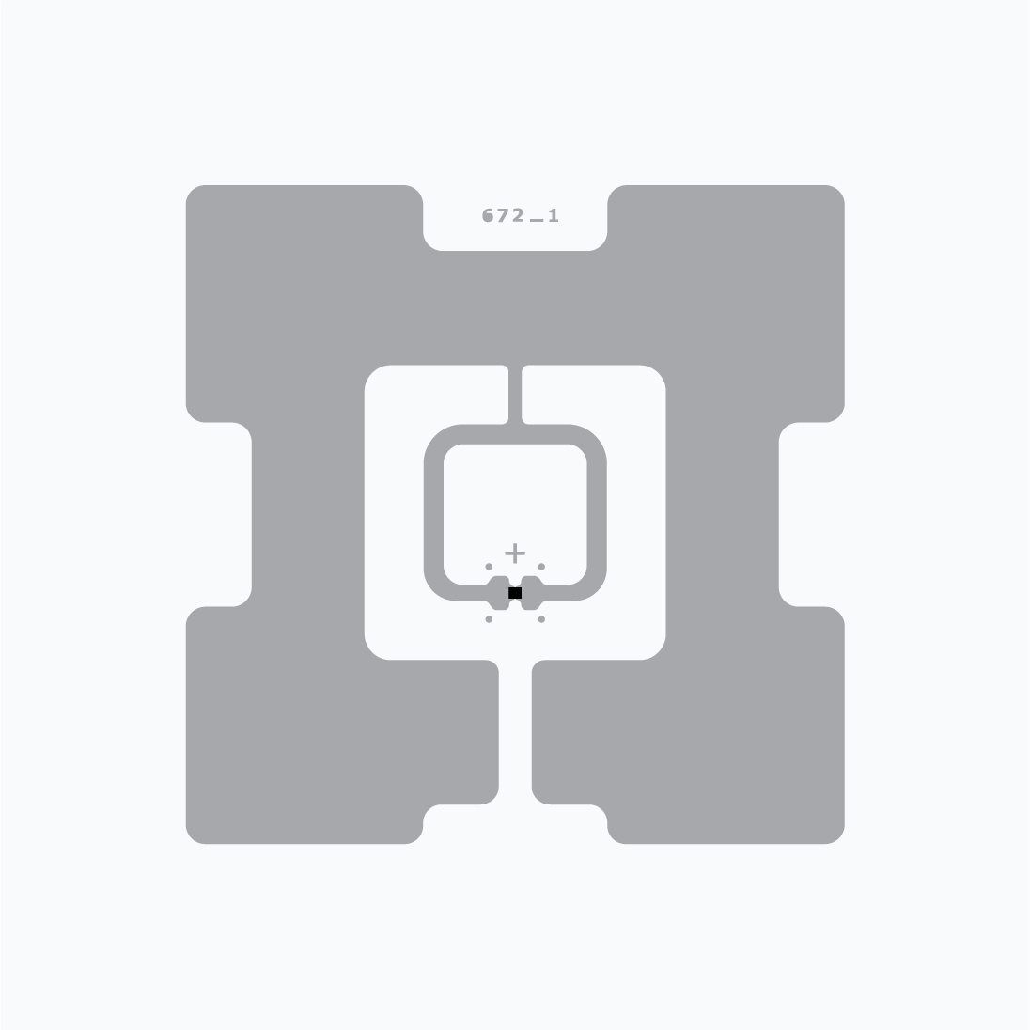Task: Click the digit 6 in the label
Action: point(488,215)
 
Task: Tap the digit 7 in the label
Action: point(503,215)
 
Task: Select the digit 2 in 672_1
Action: point(518,215)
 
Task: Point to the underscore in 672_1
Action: point(537,221)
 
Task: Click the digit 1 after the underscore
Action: point(554,215)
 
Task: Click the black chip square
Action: point(515,593)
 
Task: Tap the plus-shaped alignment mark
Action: point(515,554)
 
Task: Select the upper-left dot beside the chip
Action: point(489,567)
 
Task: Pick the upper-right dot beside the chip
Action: point(541,567)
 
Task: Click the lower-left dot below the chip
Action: point(489,619)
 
